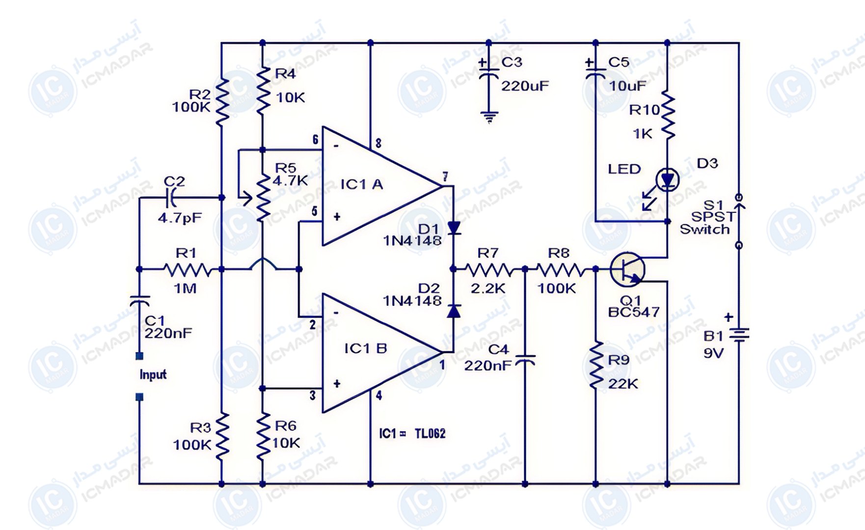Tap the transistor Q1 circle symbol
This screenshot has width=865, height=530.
point(627,269)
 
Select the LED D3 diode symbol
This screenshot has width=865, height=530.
point(667,180)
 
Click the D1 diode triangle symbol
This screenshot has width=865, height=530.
point(454,228)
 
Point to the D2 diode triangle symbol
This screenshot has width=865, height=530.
point(454,311)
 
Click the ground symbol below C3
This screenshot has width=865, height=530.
point(489,117)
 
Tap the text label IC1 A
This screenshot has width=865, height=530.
point(361,185)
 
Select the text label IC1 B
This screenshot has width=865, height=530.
point(365,348)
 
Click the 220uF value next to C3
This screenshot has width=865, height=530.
point(525,86)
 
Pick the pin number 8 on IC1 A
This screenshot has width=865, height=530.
point(378,144)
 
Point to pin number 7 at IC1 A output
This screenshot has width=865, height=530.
point(445,176)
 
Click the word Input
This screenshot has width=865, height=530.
point(153,375)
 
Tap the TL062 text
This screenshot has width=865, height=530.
point(430,434)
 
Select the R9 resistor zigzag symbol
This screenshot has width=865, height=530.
point(596,366)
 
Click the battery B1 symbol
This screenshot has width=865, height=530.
point(738,335)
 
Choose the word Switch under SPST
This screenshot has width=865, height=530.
point(704,229)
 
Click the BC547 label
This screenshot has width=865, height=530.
point(633,312)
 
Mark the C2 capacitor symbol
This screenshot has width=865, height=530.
point(171,198)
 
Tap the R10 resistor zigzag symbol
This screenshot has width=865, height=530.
point(668,115)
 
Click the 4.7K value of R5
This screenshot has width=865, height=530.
point(290,181)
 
